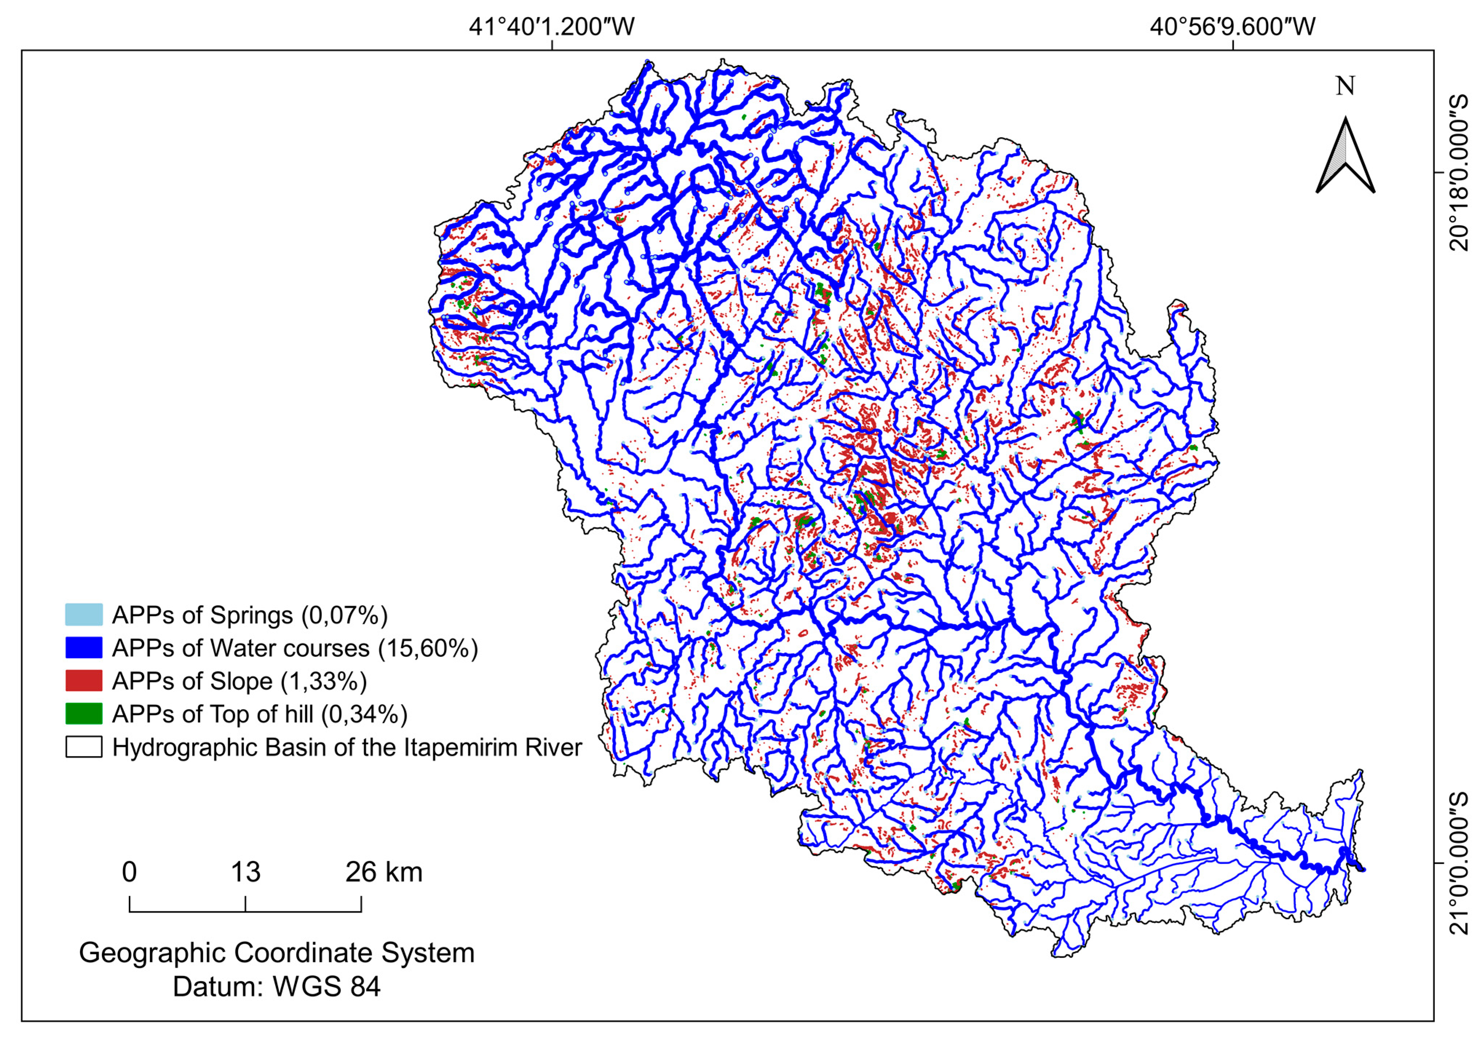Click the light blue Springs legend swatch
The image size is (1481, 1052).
(x=84, y=614)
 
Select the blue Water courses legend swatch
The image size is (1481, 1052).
(x=84, y=647)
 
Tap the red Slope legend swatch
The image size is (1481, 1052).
(x=84, y=680)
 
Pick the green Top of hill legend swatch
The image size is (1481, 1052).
(x=84, y=713)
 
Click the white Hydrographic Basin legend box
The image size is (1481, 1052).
(x=84, y=747)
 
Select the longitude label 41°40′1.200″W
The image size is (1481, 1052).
(x=551, y=27)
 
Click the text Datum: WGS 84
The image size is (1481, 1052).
(x=277, y=987)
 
